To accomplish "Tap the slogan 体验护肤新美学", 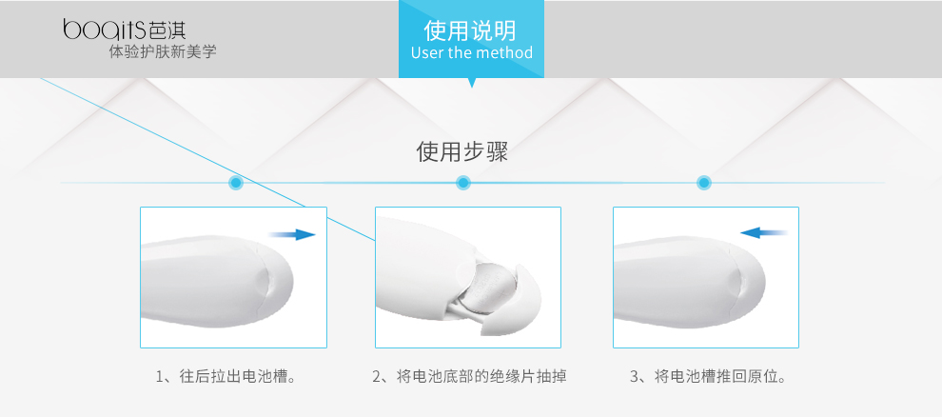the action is pyautogui.click(x=162, y=52).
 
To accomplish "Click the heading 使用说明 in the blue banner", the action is pyautogui.click(x=470, y=30).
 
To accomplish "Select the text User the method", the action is pyautogui.click(x=472, y=53).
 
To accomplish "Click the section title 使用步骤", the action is pyautogui.click(x=462, y=152).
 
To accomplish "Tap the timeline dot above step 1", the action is pyautogui.click(x=236, y=183).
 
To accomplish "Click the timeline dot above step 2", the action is pyautogui.click(x=462, y=183).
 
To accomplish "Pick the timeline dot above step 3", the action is pyautogui.click(x=704, y=183).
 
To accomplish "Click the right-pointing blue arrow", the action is pyautogui.click(x=292, y=235).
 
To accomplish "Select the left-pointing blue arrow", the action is pyautogui.click(x=763, y=232).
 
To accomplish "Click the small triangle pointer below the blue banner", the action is pyautogui.click(x=472, y=83).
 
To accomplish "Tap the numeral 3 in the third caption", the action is pyautogui.click(x=634, y=377).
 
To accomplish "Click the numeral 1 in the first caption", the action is pyautogui.click(x=160, y=377).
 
